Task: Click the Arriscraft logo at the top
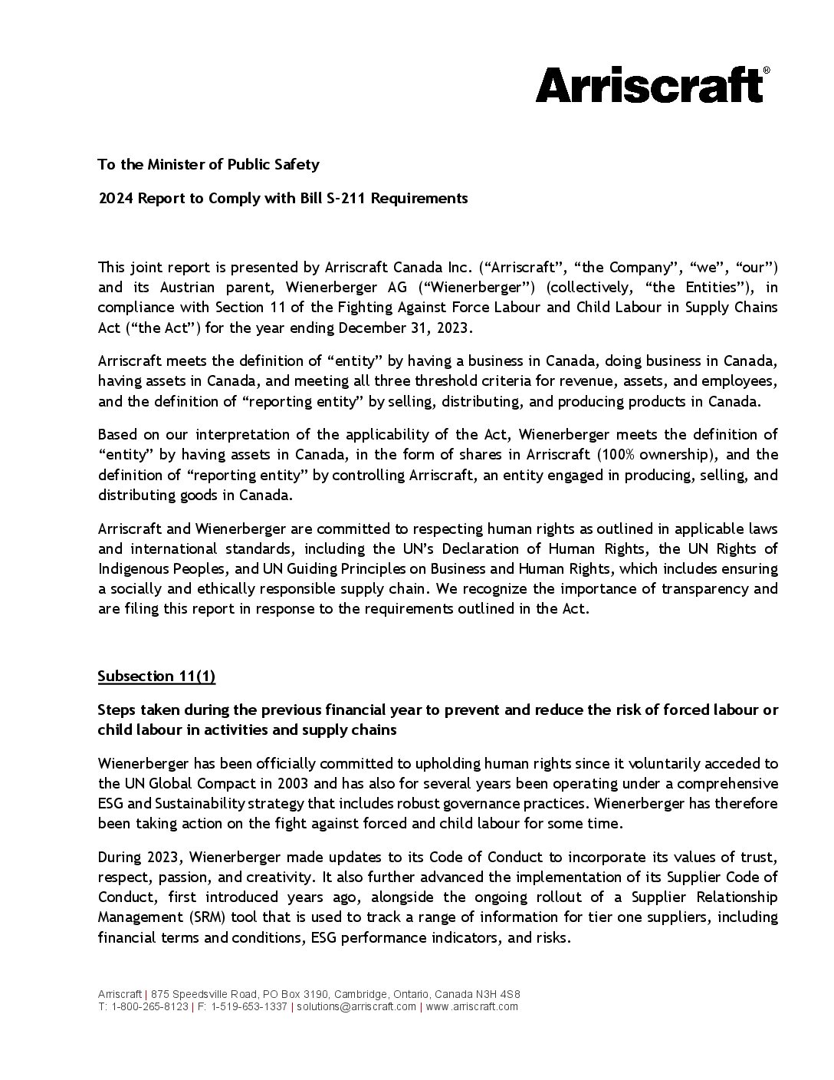pyautogui.click(x=648, y=85)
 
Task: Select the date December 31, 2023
pyautogui.click(x=416, y=327)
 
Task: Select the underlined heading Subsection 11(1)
pyautogui.click(x=156, y=676)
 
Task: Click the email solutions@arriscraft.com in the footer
pyautogui.click(x=356, y=1006)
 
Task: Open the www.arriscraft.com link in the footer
pyautogui.click(x=472, y=1006)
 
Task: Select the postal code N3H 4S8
pyautogui.click(x=497, y=994)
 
